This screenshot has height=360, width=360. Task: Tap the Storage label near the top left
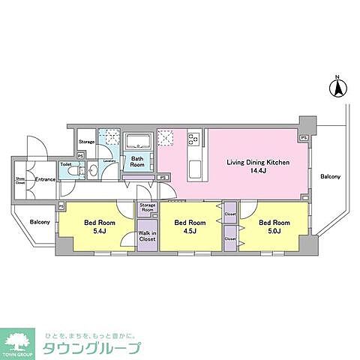[87, 142]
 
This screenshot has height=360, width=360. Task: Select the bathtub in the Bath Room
[138, 141]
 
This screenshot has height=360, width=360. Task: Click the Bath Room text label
[138, 161]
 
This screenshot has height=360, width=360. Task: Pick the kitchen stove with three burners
[193, 139]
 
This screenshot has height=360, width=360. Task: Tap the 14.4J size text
[259, 171]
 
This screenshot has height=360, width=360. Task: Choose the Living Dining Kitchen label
[259, 161]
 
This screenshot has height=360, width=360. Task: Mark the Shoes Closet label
[20, 180]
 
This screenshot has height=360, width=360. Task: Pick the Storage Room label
[147, 208]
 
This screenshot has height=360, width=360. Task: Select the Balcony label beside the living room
[330, 177]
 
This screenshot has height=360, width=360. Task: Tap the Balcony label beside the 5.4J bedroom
[40, 222]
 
